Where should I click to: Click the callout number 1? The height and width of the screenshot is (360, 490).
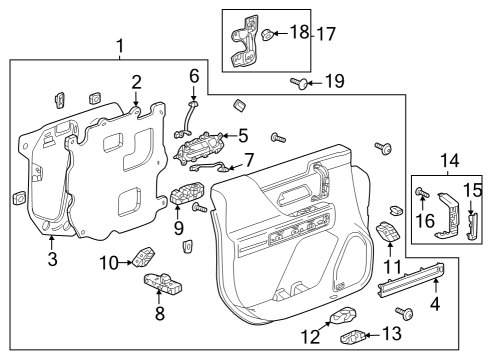(x=121, y=46)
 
